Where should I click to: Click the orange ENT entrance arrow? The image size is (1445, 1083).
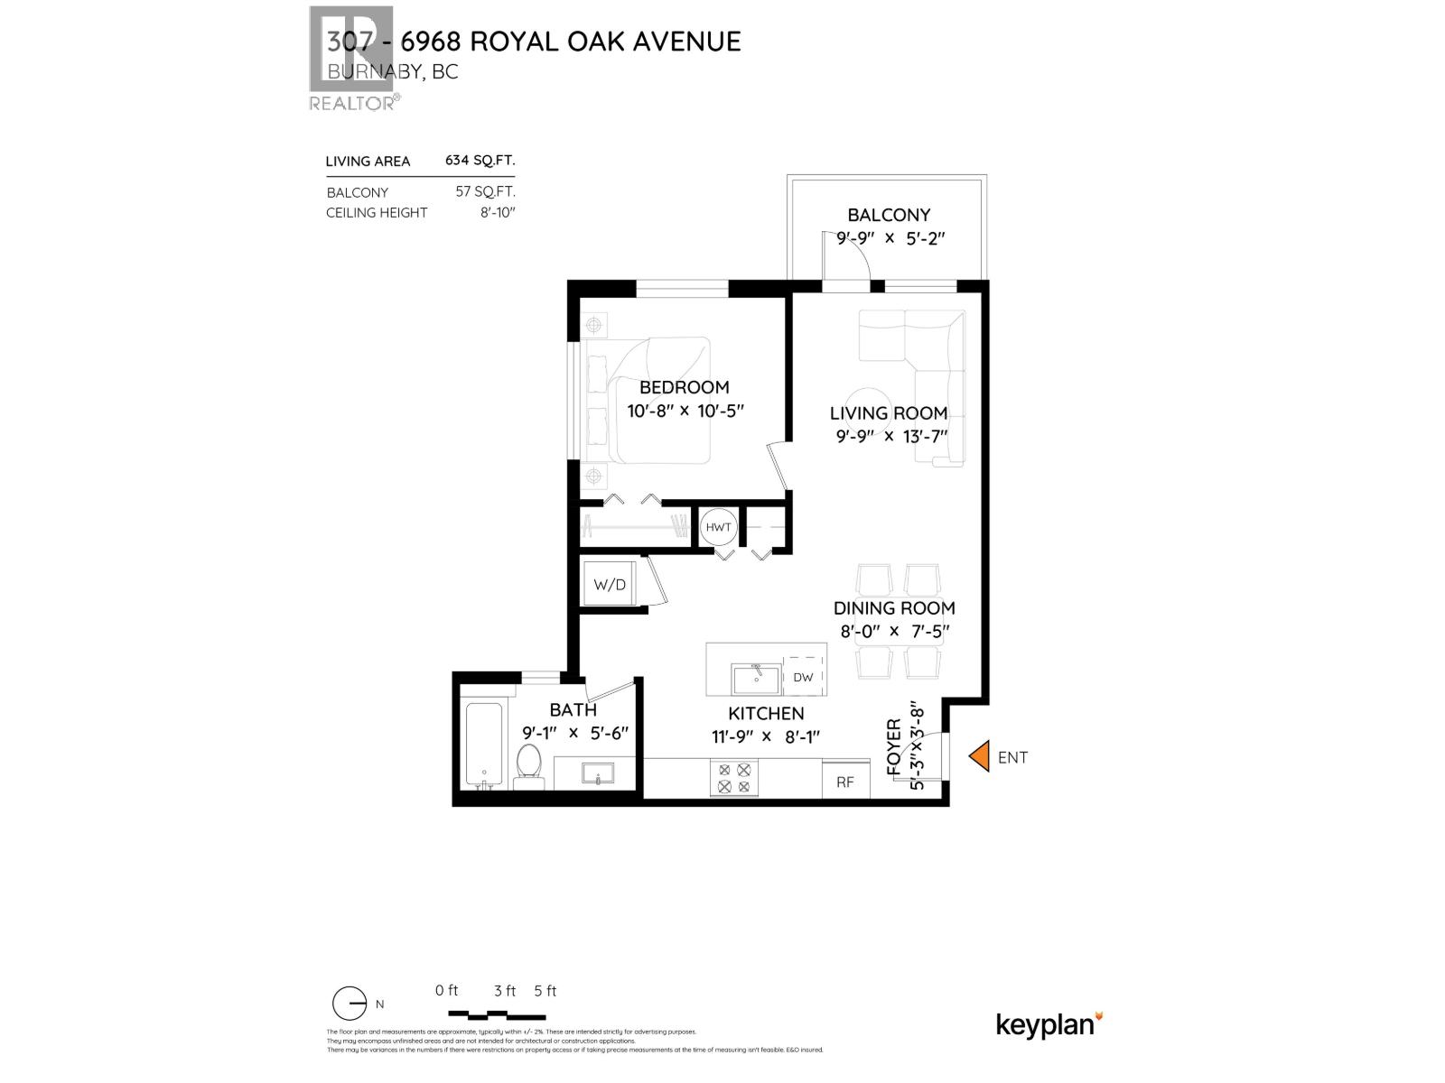click(979, 756)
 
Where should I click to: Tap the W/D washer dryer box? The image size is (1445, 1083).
click(610, 585)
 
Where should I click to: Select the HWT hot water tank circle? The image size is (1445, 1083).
click(719, 527)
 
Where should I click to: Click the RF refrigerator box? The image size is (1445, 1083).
click(845, 781)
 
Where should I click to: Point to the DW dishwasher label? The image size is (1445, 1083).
click(803, 678)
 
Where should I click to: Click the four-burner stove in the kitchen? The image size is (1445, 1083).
click(733, 778)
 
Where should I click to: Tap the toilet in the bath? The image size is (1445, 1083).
click(528, 764)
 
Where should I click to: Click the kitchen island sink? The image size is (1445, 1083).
click(756, 677)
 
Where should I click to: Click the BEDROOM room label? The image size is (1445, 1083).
click(684, 387)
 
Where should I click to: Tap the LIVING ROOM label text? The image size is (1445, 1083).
click(888, 413)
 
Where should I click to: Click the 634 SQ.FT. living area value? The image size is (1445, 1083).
click(480, 161)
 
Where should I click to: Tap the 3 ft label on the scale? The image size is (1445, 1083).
click(505, 991)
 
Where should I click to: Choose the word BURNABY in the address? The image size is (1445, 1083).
click(375, 72)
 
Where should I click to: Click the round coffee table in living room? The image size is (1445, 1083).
click(869, 409)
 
